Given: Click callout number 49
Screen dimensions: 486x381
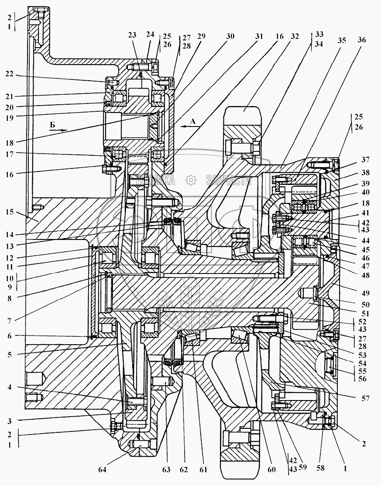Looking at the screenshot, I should tap(365, 288).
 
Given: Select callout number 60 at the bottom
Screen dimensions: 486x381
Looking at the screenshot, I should tap(272, 470).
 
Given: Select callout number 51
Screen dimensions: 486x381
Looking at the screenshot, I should tap(365, 313).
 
